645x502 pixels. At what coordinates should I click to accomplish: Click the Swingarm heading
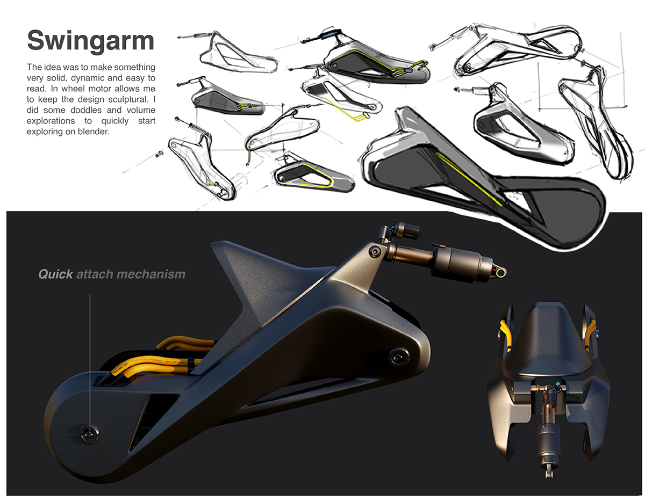(90, 41)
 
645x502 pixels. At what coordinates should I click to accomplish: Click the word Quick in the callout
(55, 274)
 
